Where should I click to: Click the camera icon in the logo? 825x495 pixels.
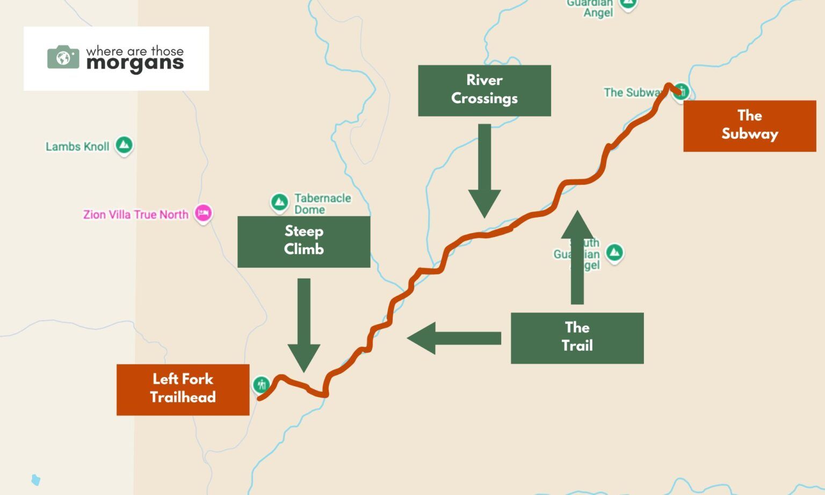[63, 57]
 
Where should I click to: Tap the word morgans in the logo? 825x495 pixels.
[135, 64]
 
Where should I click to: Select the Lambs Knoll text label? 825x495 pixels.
[77, 147]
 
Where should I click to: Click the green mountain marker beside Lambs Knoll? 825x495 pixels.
[124, 145]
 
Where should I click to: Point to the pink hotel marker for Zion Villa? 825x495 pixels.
[203, 213]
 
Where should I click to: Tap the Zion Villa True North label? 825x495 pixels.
[136, 215]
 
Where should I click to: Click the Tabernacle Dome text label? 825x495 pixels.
[322, 204]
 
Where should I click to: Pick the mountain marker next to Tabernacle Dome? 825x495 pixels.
[279, 202]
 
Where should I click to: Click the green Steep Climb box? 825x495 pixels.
[303, 242]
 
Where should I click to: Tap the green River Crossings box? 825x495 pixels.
[484, 90]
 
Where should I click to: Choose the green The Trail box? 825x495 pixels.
[577, 338]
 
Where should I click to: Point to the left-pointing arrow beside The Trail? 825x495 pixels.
[453, 338]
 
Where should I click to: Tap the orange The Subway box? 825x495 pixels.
[749, 126]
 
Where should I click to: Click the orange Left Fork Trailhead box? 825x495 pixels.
[183, 389]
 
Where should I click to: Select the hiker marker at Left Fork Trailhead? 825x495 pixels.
[262, 384]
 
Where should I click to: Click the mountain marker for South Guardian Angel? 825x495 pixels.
[614, 252]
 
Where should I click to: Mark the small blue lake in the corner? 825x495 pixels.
[36, 479]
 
